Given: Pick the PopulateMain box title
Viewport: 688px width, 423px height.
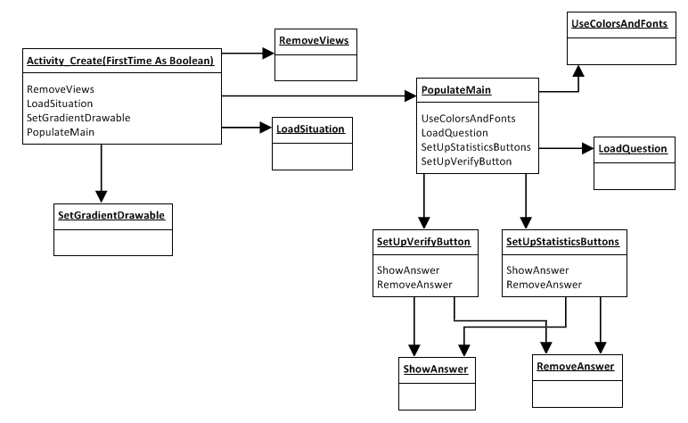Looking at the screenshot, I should (x=455, y=91).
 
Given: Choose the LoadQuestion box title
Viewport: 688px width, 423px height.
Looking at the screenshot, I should (x=632, y=148).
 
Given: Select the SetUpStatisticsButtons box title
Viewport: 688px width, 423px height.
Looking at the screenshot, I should (x=562, y=241).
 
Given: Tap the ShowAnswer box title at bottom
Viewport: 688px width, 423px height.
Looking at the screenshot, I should (x=433, y=368).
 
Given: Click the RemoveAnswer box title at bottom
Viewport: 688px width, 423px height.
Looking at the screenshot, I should (x=575, y=366).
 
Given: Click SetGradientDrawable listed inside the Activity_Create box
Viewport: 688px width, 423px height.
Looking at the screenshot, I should (x=78, y=118).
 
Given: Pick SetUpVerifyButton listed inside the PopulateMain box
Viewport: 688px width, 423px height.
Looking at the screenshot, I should (x=465, y=162).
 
